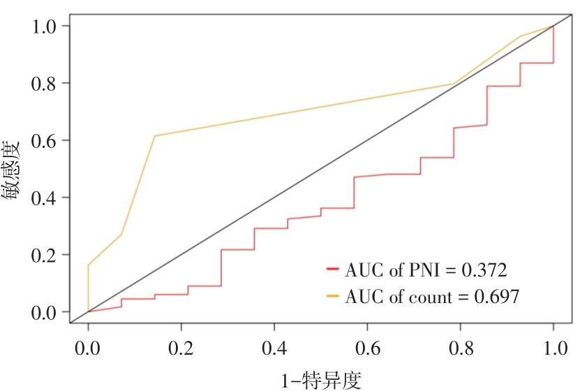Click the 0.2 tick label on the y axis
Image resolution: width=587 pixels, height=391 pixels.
point(46,255)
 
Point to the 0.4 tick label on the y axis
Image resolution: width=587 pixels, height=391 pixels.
point(46,198)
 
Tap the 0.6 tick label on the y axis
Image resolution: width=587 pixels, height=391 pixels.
point(46,140)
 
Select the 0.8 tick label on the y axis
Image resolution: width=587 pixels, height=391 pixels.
point(46,83)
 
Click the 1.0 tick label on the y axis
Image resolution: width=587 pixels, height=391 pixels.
point(46,26)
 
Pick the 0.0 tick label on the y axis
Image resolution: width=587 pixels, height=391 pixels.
point(46,312)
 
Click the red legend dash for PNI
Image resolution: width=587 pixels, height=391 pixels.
point(332,270)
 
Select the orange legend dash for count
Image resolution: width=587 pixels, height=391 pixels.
point(332,297)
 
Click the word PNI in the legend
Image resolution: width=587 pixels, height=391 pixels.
point(418,270)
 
